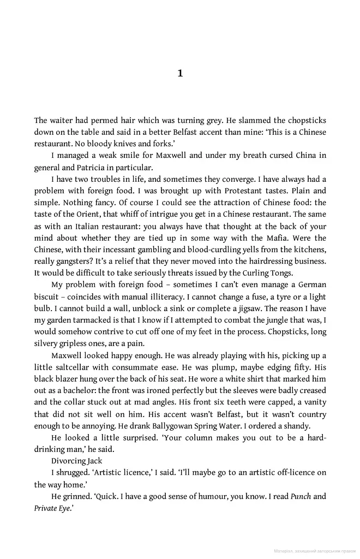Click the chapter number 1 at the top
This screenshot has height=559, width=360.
pyautogui.click(x=180, y=73)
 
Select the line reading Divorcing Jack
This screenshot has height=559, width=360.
pyautogui.click(x=76, y=461)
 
